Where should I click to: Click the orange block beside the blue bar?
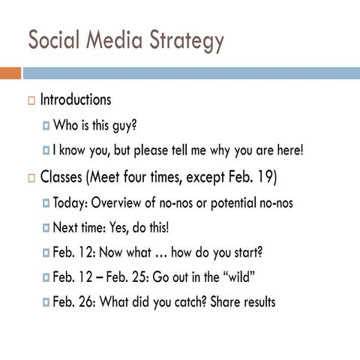pos(10,73)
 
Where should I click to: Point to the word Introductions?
pos(75,100)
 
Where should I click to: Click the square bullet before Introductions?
pos(31,100)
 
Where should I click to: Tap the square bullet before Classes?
pos(31,178)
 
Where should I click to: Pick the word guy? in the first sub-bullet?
pos(124,125)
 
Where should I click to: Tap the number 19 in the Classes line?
pos(264,178)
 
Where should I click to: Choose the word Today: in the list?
pos(72,203)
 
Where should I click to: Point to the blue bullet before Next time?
pos(46,228)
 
